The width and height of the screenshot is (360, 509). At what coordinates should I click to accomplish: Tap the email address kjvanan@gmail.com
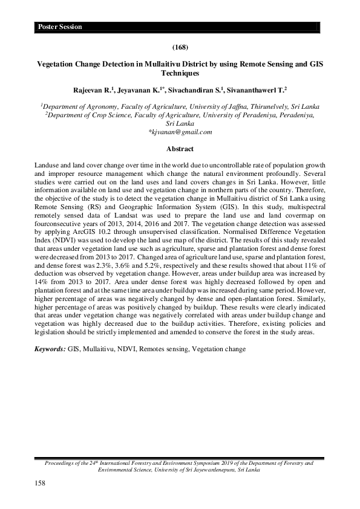pos(180,131)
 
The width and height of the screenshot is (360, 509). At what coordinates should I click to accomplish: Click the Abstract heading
pos(179,148)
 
